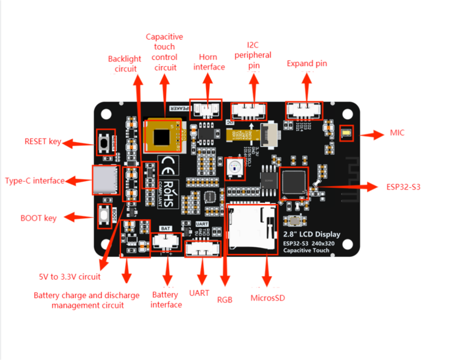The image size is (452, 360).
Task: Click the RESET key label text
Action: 42,142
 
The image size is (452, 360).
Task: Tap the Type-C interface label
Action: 35,181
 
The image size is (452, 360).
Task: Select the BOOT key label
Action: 38,218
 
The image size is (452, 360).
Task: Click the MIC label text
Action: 397,133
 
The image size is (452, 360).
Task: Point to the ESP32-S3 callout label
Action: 403,187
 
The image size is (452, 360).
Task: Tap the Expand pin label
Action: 307,64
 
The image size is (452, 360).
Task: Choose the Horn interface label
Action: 208,62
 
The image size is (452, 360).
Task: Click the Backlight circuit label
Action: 125,64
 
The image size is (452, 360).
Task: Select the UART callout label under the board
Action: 199,293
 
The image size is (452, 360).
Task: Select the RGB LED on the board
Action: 236,169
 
